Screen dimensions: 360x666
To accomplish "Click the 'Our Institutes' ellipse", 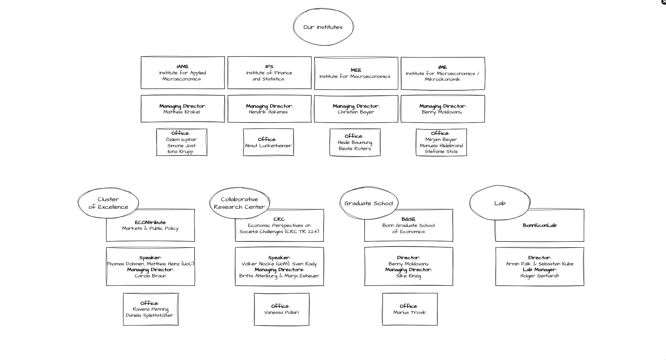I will pos(323,27).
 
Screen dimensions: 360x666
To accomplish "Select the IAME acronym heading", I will pos(183,67).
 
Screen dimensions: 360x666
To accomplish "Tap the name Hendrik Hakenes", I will pos(268,112).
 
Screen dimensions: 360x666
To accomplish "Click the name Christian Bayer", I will pos(356,112).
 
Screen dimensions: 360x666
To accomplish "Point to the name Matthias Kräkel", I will pos(182,112).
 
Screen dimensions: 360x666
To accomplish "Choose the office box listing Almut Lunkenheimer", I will pos(268,142).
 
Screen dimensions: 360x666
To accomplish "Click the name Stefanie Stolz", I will pos(441,152).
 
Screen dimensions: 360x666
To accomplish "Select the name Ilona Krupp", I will pos(180,152).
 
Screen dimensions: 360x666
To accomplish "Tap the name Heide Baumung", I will pos(355,142).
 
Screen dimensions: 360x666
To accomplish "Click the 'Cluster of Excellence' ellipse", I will pos(108,203).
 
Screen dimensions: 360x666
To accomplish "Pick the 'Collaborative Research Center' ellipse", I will pos(239,203).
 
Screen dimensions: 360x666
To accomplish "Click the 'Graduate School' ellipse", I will pos(369,203).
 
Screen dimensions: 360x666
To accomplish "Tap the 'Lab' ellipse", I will pos(500,203).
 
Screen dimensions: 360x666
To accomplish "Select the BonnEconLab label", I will pos(540,225).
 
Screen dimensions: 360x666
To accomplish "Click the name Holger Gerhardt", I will pos(540,276).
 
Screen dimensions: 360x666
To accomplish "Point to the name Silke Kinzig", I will pos(408,276).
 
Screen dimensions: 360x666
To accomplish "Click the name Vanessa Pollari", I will pos(282,313).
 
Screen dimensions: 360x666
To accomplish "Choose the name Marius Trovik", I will pos(410,313).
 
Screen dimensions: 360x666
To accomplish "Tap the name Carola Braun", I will pos(150,276).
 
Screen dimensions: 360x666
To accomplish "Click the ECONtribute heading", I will pos(150,223).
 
